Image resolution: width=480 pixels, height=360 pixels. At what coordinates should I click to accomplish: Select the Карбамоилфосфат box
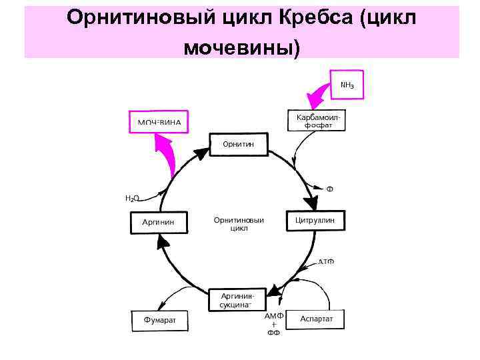click(x=317, y=121)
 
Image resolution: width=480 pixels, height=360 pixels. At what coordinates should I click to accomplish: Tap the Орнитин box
click(x=239, y=144)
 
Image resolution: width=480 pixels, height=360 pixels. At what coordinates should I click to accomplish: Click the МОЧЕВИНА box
click(x=159, y=122)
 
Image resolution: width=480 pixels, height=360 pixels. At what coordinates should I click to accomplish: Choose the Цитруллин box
click(x=315, y=221)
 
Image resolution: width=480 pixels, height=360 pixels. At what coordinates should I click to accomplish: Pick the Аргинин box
click(x=158, y=222)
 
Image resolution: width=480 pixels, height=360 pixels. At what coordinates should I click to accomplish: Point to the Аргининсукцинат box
click(x=238, y=299)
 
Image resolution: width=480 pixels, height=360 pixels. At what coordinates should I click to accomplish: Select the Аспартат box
click(x=317, y=319)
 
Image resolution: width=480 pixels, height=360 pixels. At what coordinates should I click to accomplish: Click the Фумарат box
click(x=160, y=320)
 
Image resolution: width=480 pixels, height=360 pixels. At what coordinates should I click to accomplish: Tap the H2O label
click(x=133, y=198)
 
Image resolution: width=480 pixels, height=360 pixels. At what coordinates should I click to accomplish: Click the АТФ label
click(x=325, y=261)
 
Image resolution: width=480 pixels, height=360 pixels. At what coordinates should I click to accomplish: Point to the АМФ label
click(x=275, y=315)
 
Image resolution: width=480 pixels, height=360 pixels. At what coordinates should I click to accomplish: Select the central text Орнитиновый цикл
click(x=239, y=223)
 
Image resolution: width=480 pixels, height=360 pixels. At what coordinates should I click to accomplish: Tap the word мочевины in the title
click(x=237, y=47)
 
